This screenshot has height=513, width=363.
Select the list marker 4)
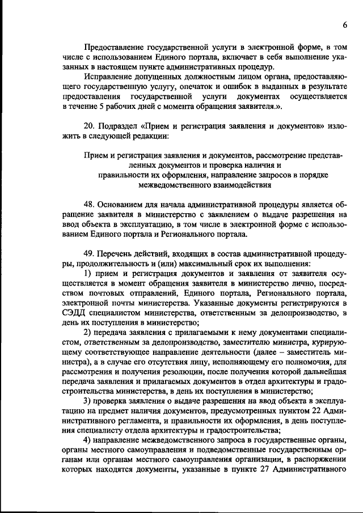coord(88,440)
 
